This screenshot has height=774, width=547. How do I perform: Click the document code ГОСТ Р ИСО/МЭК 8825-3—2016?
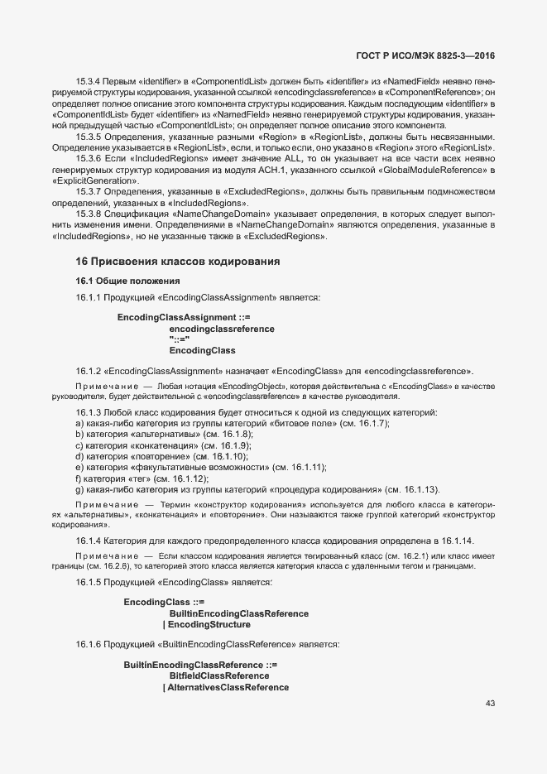pos(425,55)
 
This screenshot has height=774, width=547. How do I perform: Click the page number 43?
pos(490,704)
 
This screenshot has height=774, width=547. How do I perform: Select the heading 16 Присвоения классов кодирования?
pos(177,262)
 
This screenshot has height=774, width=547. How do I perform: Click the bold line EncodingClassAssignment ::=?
pos(183,318)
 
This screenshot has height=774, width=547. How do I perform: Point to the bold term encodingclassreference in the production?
pos(222,329)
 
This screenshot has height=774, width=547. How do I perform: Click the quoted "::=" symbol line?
pos(180,339)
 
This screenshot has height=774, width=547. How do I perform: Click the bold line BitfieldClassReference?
pos(218,676)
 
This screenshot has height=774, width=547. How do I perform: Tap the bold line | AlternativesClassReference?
pos(225,688)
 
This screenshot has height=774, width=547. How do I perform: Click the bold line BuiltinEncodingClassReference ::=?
pos(200,666)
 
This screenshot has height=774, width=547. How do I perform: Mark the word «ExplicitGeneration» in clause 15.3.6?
pos(95,180)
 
